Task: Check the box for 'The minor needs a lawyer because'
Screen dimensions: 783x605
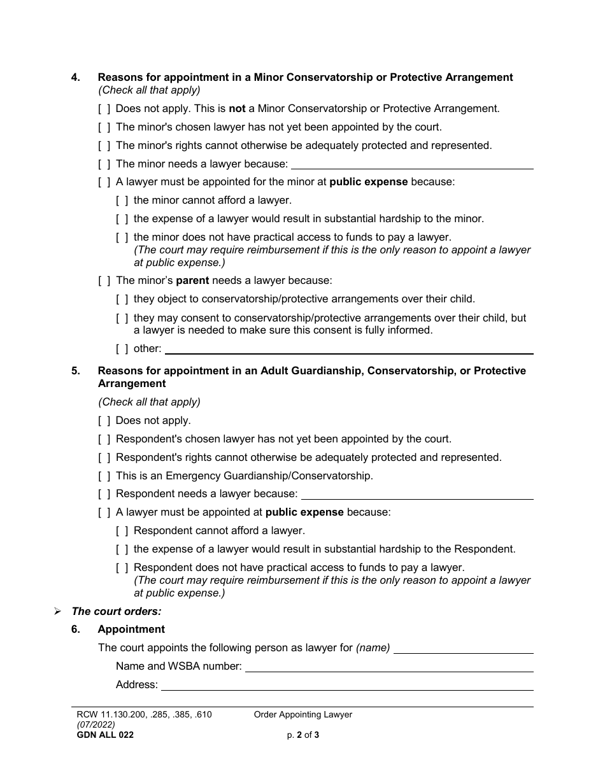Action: [x=104, y=164]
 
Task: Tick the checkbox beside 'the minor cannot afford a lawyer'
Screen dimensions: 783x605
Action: [x=122, y=201]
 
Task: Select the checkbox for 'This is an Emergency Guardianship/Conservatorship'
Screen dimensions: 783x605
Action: [x=104, y=476]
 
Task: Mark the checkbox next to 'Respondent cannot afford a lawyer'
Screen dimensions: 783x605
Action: [x=122, y=531]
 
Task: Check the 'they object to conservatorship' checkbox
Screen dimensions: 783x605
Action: [x=122, y=299]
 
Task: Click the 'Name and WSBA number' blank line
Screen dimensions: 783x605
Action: [x=388, y=667]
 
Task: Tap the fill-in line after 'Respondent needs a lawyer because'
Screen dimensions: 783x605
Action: [x=416, y=495]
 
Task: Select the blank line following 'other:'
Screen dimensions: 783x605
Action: [x=348, y=349]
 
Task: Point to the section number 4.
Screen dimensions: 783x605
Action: [x=76, y=78]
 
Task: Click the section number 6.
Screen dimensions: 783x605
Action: [x=76, y=630]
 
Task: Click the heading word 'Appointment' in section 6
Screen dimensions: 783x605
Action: [x=131, y=630]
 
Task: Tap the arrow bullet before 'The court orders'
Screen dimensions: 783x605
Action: [x=57, y=611]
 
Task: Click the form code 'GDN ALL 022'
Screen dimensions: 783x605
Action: [x=105, y=735]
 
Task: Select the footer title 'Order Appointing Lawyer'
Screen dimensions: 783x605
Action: [x=302, y=715]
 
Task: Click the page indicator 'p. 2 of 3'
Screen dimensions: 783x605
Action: [x=302, y=735]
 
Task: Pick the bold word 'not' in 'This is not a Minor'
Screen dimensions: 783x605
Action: [x=237, y=109]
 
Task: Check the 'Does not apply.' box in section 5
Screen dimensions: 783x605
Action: [x=104, y=421]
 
